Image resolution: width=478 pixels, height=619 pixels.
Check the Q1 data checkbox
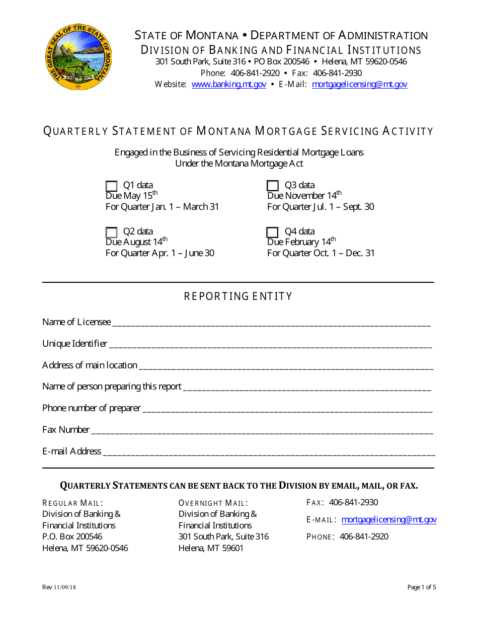point(112,186)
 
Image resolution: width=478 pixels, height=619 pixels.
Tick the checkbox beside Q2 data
point(112,233)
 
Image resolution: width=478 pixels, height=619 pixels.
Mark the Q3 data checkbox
point(273,186)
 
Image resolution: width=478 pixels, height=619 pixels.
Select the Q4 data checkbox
point(272,232)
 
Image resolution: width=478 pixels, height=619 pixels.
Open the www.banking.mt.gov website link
point(229,85)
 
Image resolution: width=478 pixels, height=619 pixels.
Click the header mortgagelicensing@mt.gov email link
point(359,85)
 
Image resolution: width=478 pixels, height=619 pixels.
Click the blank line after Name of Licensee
point(271,323)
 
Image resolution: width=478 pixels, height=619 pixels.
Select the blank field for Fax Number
point(262,430)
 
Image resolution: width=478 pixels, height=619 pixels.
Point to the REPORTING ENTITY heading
point(238,296)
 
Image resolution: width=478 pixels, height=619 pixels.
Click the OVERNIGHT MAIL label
point(213,503)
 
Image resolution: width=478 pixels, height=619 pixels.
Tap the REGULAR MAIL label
point(73,503)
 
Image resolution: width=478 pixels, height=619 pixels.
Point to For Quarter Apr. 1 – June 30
point(160,253)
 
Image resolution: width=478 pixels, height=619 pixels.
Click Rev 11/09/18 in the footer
point(59,587)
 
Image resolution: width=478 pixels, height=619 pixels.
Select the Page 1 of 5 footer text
point(421,587)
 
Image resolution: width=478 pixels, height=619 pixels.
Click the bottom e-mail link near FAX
point(388,520)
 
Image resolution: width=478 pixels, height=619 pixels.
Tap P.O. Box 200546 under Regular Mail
point(72,536)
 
